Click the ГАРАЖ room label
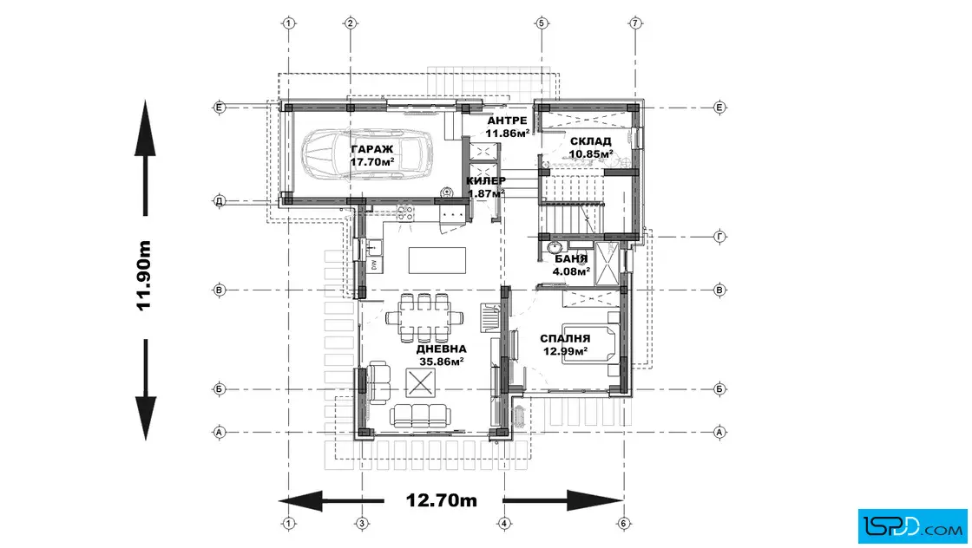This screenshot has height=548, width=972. point(372,149)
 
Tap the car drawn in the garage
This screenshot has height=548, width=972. point(368,154)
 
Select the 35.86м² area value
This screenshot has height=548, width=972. point(442,362)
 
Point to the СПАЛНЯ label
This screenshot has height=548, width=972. point(565,339)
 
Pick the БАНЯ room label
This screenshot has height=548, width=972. point(571,259)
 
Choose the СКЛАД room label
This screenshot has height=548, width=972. point(591,141)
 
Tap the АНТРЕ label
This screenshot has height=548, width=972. point(507,121)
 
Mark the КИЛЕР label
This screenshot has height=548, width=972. point(486,181)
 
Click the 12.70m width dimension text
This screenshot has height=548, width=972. point(442,500)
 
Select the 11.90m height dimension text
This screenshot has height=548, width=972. point(143,276)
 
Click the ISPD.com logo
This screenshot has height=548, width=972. point(912,526)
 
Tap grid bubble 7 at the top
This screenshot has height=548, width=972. point(634,23)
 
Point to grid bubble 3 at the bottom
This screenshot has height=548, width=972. point(362,524)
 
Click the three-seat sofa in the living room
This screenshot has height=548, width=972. point(419,414)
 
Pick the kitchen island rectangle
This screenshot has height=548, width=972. point(437,260)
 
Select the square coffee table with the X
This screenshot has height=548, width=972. point(420,382)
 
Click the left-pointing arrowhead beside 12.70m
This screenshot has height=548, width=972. point(300,500)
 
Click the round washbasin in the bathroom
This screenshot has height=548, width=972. point(552,249)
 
